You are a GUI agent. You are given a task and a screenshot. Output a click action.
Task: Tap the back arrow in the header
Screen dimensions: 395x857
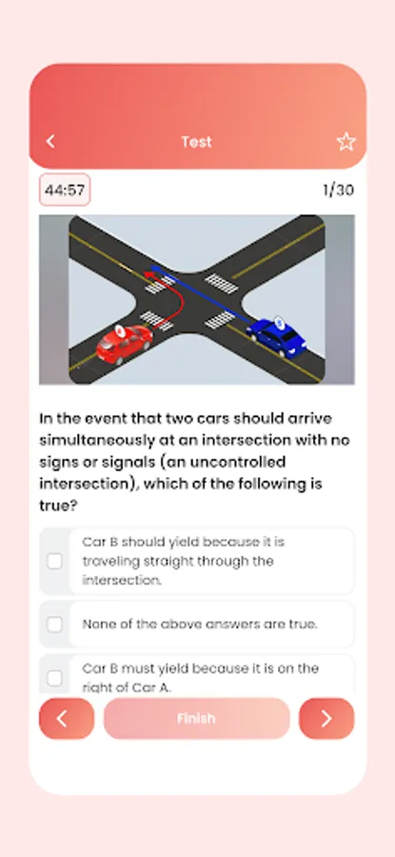point(50,142)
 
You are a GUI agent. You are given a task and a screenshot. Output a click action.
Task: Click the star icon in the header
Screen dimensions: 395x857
point(346,142)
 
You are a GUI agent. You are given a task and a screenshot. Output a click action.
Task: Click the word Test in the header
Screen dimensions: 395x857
point(196,142)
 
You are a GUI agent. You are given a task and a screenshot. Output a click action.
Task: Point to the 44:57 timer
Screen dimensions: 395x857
point(65,190)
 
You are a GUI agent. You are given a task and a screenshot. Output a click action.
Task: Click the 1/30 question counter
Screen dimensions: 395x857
point(338,190)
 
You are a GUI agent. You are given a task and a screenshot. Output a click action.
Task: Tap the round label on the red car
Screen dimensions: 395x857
point(120,330)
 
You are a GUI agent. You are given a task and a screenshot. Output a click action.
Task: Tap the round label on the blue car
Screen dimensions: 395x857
point(279,322)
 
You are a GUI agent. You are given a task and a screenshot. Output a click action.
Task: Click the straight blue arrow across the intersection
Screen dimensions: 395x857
point(200,293)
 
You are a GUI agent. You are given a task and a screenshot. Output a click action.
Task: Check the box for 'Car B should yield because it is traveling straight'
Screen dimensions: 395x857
point(54,561)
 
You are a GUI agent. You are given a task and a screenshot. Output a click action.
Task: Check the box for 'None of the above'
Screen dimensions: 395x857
point(54,624)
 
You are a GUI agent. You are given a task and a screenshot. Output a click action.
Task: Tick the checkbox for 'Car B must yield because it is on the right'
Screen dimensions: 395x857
point(54,678)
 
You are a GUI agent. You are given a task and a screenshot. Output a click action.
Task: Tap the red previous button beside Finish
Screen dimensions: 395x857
point(67,719)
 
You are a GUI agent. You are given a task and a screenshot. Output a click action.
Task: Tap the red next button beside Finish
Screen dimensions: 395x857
point(326,719)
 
